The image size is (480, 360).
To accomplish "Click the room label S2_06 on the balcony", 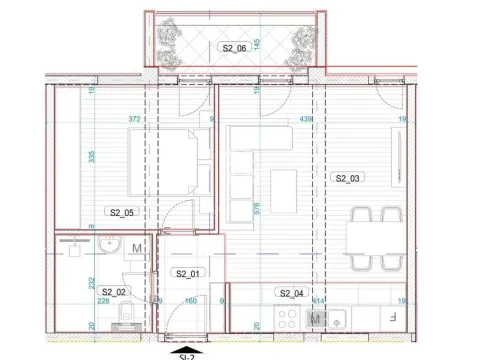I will pyautogui.click(x=231, y=47).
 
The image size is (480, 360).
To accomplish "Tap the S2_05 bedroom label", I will pyautogui.click(x=121, y=212).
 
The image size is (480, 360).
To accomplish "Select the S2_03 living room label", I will pyautogui.click(x=346, y=178).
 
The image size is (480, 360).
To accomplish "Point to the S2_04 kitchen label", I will pyautogui.click(x=291, y=292).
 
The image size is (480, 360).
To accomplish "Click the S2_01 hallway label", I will pyautogui.click(x=187, y=273).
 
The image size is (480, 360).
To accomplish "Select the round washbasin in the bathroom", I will pyautogui.click(x=112, y=248).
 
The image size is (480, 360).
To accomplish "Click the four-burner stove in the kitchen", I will pyautogui.click(x=291, y=320).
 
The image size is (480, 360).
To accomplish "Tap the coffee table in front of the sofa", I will pyautogui.click(x=284, y=186).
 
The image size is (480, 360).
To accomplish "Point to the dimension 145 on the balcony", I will pyautogui.click(x=257, y=45).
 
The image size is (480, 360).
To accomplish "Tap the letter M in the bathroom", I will pyautogui.click(x=136, y=246).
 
